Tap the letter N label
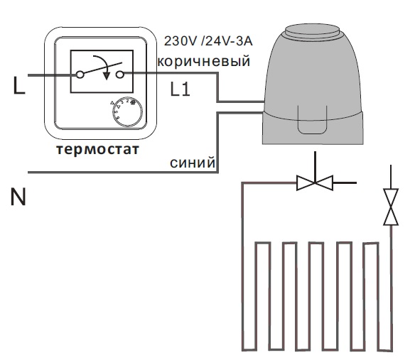pos(18,197)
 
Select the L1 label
pos(180,89)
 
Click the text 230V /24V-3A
pos(208,41)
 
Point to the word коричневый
pos(204,61)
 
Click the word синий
pos(193,162)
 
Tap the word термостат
pos(97,149)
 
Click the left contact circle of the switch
pos(80,75)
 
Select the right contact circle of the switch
pos(120,75)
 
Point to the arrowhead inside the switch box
pos(107,75)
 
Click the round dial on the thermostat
pos(127,111)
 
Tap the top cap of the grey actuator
pos(312,30)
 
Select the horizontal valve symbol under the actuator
pos(315,182)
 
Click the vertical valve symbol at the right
pos(391,207)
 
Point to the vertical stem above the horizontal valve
pos(315,167)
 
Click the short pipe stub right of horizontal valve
pos(345,182)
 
